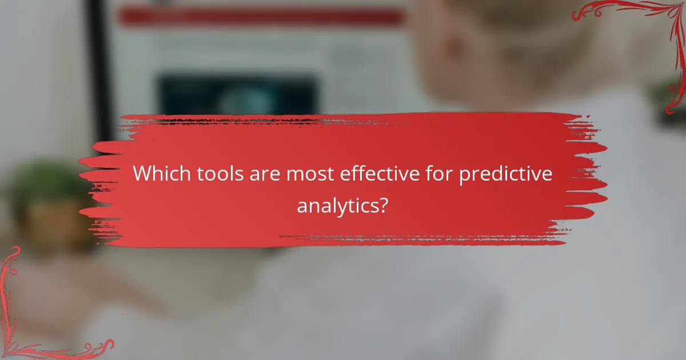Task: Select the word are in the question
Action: click(x=264, y=174)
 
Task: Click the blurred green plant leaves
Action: click(x=40, y=183)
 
